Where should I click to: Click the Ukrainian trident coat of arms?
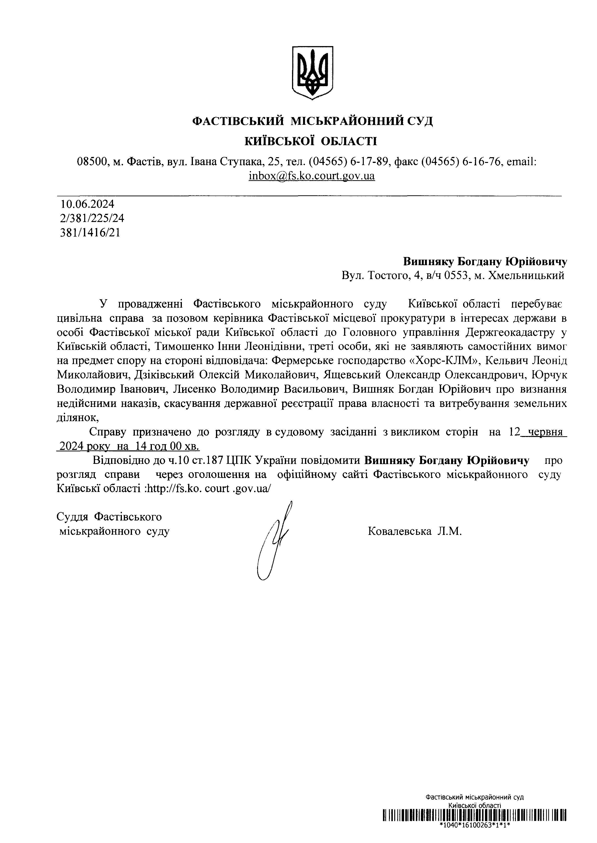(312, 72)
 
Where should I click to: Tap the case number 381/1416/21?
(90, 233)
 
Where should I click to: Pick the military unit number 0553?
(457, 276)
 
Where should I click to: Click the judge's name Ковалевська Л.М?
(414, 531)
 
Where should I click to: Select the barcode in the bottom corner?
(474, 825)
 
